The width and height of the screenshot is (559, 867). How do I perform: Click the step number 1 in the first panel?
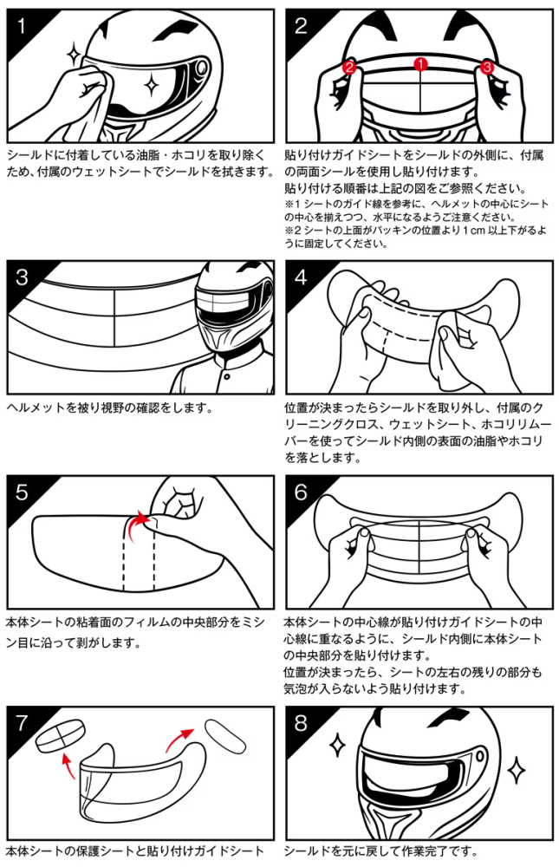(x=21, y=26)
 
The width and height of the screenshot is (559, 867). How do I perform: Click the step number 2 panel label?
(x=301, y=26)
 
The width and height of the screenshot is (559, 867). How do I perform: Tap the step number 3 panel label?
(x=22, y=277)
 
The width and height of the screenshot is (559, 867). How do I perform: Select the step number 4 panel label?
(x=301, y=277)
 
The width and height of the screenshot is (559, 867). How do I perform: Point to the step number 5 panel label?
(x=22, y=492)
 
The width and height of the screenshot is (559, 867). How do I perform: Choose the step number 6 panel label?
(x=301, y=492)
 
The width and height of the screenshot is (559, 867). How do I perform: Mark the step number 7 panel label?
(x=22, y=723)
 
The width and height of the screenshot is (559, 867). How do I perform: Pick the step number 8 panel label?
(x=301, y=723)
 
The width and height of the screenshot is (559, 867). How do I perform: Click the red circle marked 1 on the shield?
(x=421, y=64)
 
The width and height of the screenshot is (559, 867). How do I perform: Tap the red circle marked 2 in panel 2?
(x=349, y=68)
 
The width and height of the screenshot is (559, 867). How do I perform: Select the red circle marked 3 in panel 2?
(x=486, y=68)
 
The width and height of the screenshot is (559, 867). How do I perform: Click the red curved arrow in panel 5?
(x=137, y=527)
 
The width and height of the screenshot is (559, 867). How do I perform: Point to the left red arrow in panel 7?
(x=68, y=765)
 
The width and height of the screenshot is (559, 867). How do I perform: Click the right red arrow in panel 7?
(x=179, y=740)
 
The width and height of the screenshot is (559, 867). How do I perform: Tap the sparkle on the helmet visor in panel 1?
(x=150, y=85)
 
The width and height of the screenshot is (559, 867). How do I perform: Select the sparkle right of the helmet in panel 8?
(x=517, y=768)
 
